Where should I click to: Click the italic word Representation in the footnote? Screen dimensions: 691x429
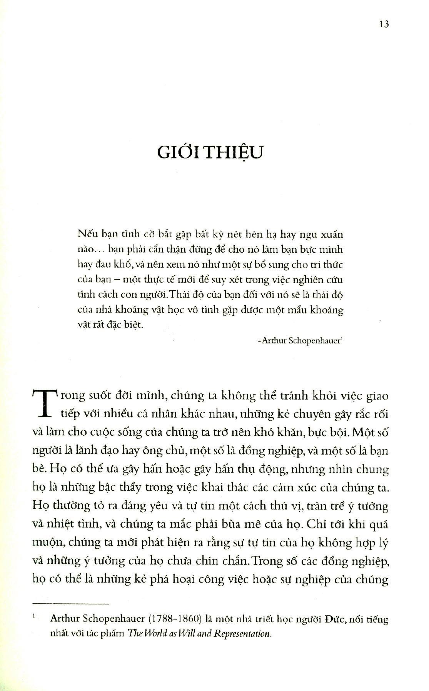[x=242, y=634]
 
